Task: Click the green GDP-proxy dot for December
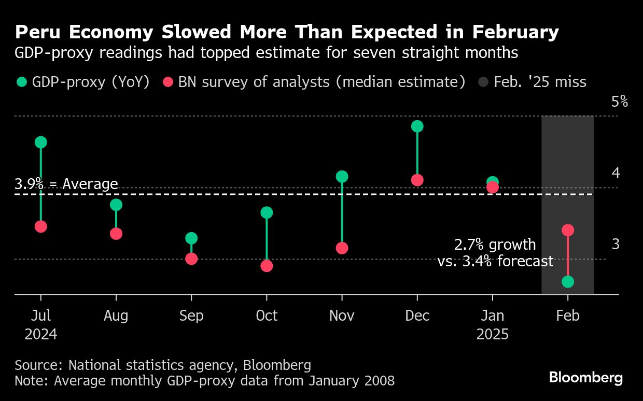[417, 126]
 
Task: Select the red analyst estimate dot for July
[40, 226]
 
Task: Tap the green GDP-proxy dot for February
[568, 281]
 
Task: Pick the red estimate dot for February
[568, 230]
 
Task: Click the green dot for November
[342, 177]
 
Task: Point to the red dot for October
[267, 266]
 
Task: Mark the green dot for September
[191, 238]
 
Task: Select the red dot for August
[116, 234]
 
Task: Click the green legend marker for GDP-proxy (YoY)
[21, 82]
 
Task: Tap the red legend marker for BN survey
[168, 82]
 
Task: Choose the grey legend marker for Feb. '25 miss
[483, 82]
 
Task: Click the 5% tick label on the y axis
[620, 102]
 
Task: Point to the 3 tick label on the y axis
[616, 244]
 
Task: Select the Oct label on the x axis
[267, 316]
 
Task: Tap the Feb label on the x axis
[568, 316]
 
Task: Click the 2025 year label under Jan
[492, 334]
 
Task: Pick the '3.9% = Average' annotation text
[66, 184]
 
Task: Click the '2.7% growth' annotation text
[495, 245]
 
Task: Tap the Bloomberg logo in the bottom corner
[586, 378]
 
